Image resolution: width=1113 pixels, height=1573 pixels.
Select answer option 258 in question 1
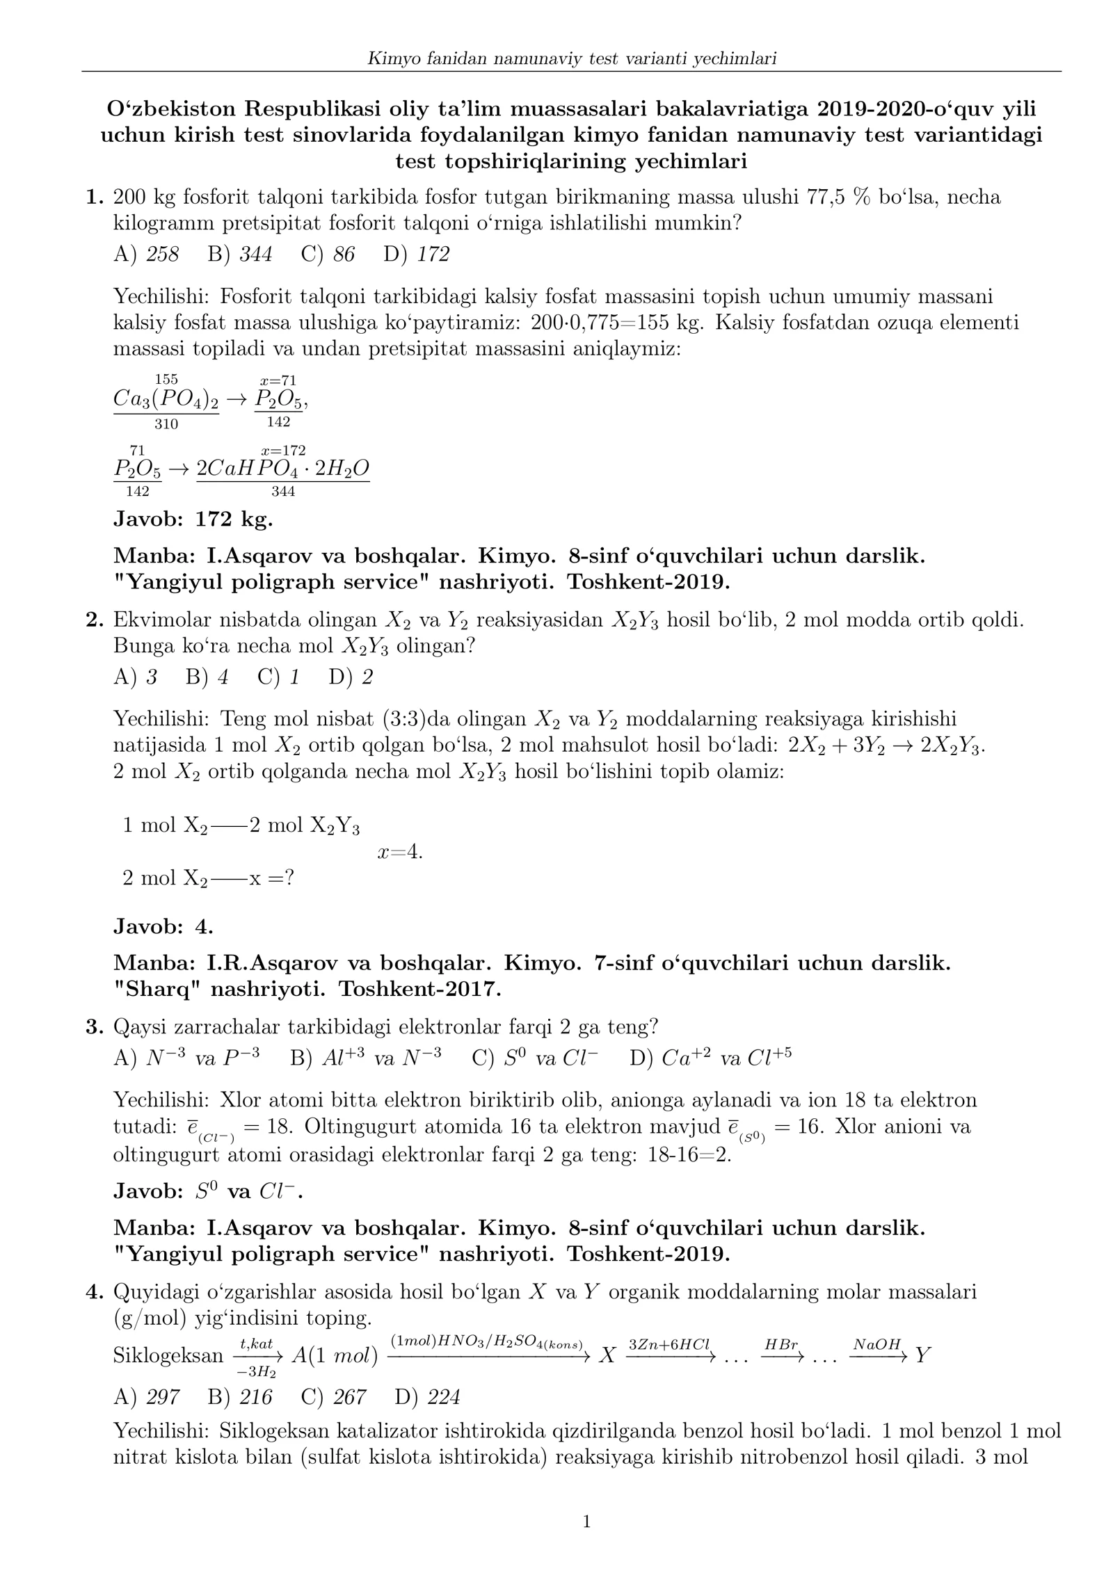tap(162, 255)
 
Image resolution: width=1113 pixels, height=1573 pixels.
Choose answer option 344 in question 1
tap(255, 255)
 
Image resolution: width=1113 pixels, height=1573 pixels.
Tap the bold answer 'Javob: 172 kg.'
tap(193, 519)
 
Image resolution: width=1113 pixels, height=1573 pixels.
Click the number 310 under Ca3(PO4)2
tap(166, 424)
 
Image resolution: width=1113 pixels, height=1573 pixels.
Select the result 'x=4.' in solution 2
tap(400, 852)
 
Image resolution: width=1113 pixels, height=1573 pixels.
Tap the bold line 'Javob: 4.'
tap(163, 926)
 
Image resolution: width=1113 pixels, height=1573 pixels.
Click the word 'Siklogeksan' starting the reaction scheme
tap(168, 1355)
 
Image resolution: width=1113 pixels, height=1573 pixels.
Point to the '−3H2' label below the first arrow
tap(257, 1372)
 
